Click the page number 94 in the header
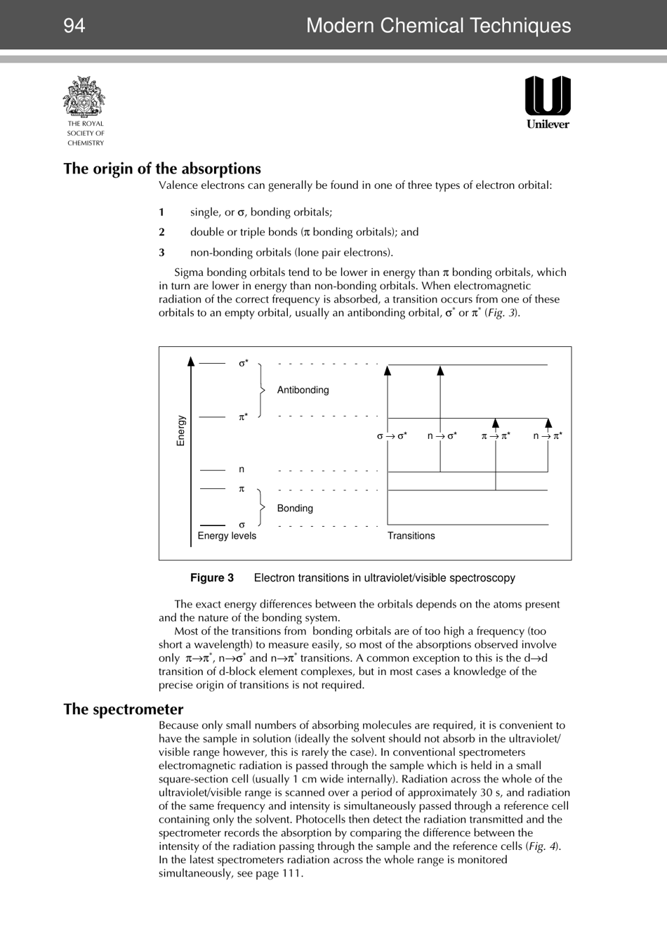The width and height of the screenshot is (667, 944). pyautogui.click(x=74, y=26)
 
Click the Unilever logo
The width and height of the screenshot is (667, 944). pyautogui.click(x=548, y=102)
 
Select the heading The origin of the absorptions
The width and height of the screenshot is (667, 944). pyautogui.click(x=162, y=169)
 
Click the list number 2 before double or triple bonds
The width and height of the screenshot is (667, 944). pyautogui.click(x=161, y=232)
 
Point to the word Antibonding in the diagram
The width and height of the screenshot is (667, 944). pyautogui.click(x=303, y=390)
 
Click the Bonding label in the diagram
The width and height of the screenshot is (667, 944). pyautogui.click(x=295, y=508)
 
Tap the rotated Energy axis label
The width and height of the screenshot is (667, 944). pyautogui.click(x=181, y=431)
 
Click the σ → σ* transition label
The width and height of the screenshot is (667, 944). pyautogui.click(x=392, y=436)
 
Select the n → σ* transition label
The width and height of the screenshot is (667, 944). pyautogui.click(x=442, y=436)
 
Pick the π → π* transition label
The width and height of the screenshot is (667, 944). pyautogui.click(x=496, y=436)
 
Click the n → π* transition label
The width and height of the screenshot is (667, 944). pyautogui.click(x=548, y=436)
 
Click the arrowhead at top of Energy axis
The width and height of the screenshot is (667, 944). pyautogui.click(x=191, y=362)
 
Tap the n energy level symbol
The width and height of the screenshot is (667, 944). pyautogui.click(x=242, y=469)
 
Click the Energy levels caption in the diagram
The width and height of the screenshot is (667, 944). pyautogui.click(x=227, y=536)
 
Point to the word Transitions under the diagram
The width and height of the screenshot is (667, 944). pyautogui.click(x=411, y=536)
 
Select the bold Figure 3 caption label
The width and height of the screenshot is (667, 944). pyautogui.click(x=212, y=578)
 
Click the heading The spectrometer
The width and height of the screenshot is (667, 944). pyautogui.click(x=124, y=709)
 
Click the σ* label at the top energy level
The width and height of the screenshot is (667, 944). pyautogui.click(x=243, y=363)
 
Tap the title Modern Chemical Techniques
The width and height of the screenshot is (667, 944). pyautogui.click(x=438, y=26)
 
